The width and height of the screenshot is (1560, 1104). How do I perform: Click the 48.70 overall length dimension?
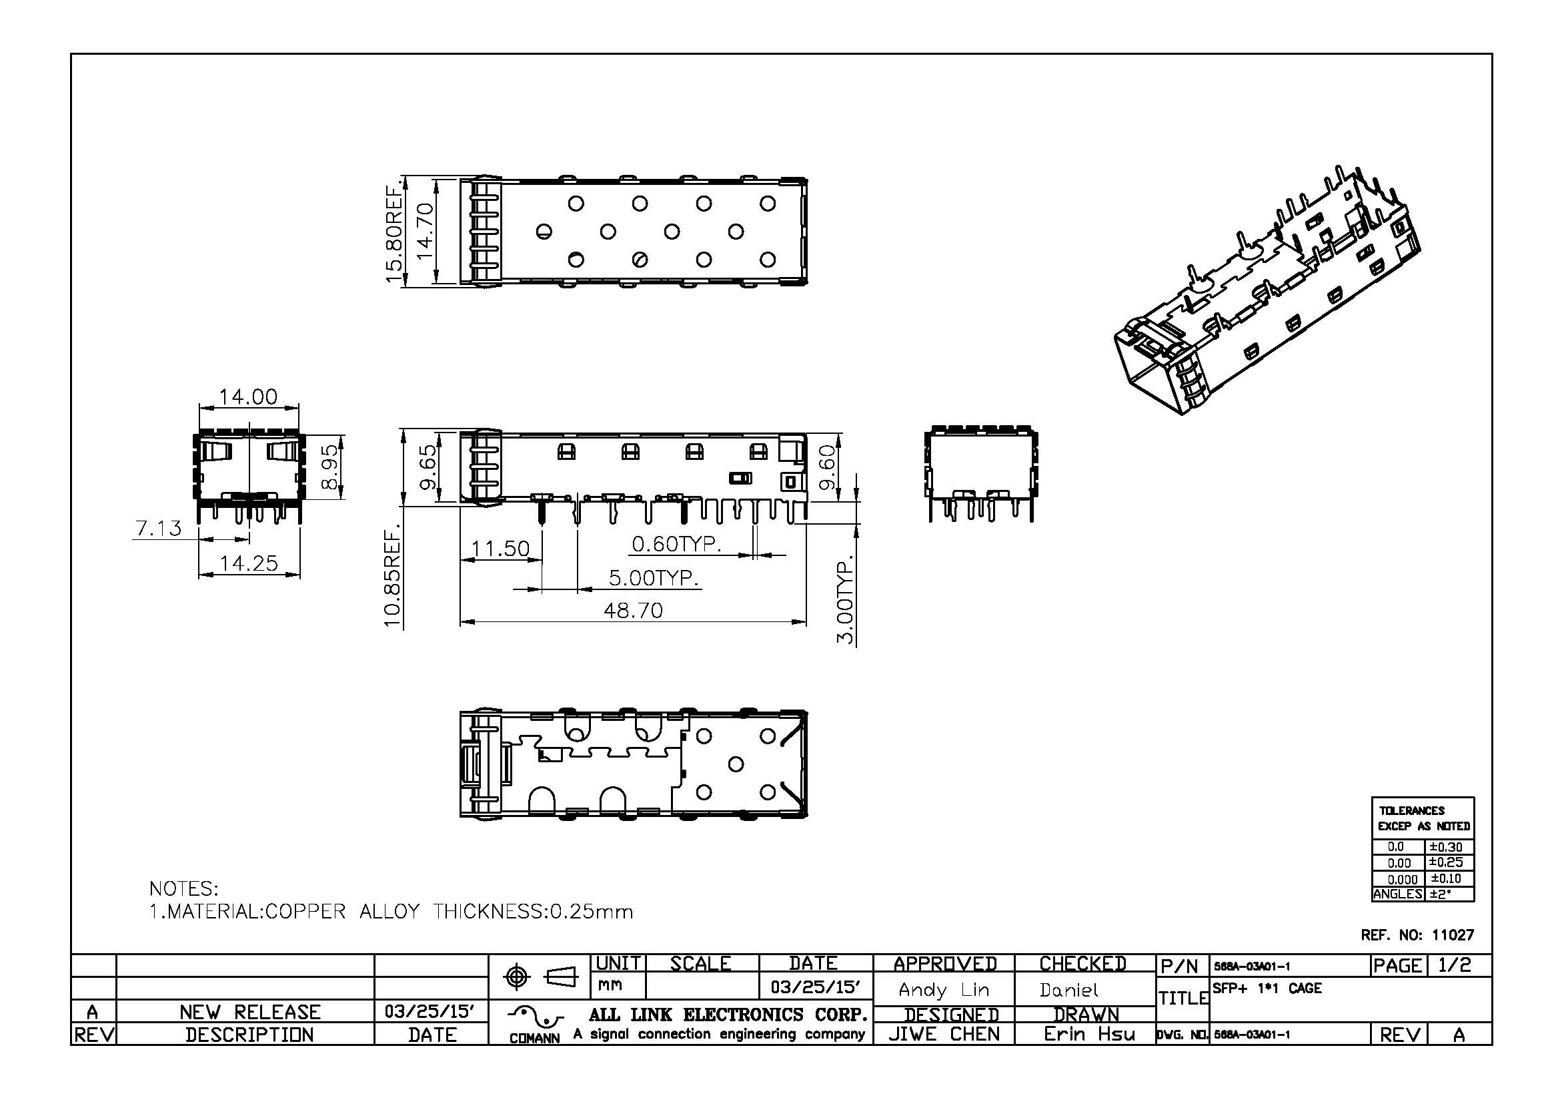[632, 611]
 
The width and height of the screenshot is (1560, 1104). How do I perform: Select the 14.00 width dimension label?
[248, 397]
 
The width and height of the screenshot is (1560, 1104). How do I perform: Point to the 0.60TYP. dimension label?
[676, 544]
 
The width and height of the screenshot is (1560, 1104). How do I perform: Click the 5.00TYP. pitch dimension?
[653, 578]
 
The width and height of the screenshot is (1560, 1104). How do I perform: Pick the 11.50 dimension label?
[500, 548]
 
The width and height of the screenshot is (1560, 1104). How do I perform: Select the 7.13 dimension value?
[158, 528]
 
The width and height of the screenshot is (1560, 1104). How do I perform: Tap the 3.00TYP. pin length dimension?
[845, 601]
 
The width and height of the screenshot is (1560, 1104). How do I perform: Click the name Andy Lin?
[943, 990]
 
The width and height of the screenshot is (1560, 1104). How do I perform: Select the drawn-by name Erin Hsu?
[1088, 1034]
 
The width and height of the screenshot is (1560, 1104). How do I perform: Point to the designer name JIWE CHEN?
[944, 1034]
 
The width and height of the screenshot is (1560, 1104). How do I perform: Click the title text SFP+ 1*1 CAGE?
[1267, 989]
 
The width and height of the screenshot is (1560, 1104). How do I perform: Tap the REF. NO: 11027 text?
[1417, 934]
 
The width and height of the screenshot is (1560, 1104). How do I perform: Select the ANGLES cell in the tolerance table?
[1397, 894]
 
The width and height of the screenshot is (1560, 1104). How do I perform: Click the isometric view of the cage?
[1267, 292]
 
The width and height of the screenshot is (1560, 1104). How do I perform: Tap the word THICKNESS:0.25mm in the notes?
[533, 912]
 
